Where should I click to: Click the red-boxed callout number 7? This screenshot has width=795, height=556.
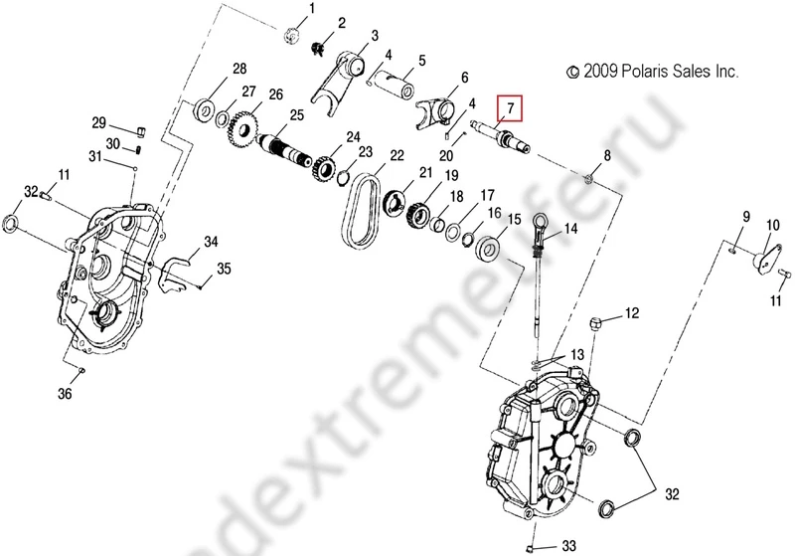pyautogui.click(x=511, y=106)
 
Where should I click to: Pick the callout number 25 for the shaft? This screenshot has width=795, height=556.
pyautogui.click(x=296, y=115)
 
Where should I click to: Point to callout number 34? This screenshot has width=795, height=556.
pyautogui.click(x=211, y=242)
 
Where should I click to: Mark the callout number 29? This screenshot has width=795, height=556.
pyautogui.click(x=99, y=122)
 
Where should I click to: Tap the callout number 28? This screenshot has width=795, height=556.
pyautogui.click(x=238, y=69)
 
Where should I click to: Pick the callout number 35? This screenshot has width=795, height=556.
pyautogui.click(x=225, y=268)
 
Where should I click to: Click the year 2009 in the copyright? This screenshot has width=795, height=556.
pyautogui.click(x=601, y=73)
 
